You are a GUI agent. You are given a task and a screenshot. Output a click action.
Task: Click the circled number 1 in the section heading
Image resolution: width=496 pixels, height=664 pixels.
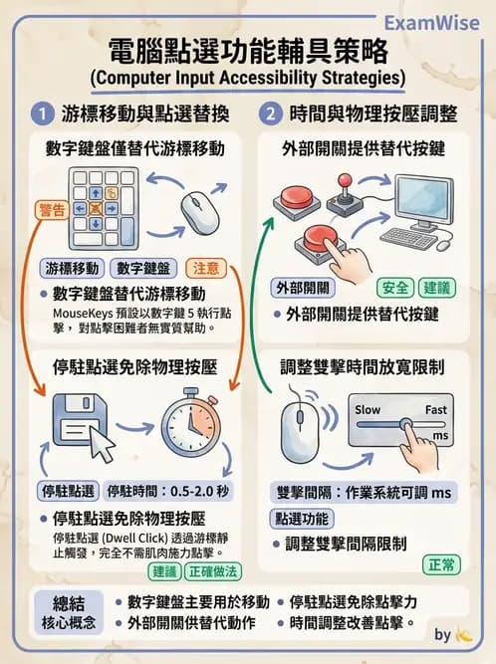coord(41,112)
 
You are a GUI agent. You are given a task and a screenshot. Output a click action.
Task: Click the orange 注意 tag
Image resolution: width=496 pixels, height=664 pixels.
coord(206,268)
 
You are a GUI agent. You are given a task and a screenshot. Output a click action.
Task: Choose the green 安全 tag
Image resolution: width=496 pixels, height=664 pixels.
coord(394,288)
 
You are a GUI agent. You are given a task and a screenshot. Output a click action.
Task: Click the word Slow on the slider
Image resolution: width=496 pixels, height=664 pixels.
coord(368,409)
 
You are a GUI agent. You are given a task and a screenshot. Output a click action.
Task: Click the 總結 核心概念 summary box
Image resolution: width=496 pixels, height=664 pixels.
coord(65,612)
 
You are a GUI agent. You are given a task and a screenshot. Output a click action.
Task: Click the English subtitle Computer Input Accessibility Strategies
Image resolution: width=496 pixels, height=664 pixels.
coord(247,77)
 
